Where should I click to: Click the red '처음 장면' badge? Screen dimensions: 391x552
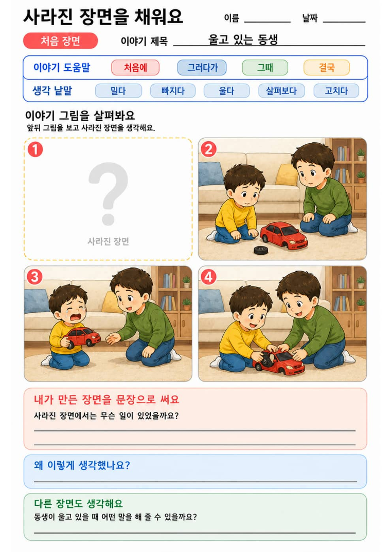(60, 41)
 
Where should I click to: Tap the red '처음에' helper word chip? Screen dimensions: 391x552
(135, 68)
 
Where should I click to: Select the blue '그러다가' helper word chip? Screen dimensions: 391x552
(202, 68)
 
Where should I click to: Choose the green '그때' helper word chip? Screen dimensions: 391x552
(265, 68)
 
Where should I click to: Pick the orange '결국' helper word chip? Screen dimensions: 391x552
(327, 68)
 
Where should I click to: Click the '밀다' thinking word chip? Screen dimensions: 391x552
(118, 91)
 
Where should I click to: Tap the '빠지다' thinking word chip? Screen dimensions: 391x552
(173, 91)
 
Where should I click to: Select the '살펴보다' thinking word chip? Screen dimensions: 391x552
(281, 91)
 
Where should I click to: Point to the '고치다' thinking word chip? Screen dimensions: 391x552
(336, 91)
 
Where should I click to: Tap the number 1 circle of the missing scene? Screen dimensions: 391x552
(35, 149)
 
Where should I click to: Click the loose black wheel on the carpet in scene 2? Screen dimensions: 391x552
(261, 250)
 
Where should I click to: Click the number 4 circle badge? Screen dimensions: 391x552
(208, 277)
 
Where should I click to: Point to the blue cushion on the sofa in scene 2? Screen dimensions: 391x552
(211, 174)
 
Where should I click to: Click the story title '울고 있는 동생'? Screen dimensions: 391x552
(243, 40)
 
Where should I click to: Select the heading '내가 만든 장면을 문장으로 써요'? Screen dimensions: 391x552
(106, 399)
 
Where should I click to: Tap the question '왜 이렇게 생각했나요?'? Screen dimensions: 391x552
(82, 465)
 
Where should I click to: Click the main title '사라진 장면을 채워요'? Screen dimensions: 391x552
(103, 16)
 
